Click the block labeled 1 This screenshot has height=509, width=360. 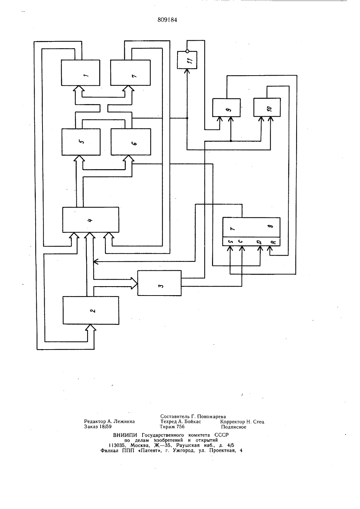tap(80, 73)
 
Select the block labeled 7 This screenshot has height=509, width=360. tap(130, 73)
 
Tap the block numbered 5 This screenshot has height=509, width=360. tap(81, 142)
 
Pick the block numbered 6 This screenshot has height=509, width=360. tap(131, 142)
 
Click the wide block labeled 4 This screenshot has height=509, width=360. tap(91, 220)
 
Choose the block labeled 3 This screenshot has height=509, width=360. tap(159, 283)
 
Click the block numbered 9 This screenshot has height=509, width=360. tap(226, 108)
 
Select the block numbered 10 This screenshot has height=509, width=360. tap(267, 108)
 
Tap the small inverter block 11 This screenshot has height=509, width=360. tap(187, 60)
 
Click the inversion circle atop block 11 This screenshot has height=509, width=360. tap(187, 51)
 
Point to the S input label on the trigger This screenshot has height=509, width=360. tap(230, 242)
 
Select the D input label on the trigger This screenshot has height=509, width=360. tap(260, 242)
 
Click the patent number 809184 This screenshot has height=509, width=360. tap(167, 20)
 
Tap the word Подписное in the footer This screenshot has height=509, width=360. tap(233, 427)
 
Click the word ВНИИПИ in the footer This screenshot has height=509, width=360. tap(125, 435)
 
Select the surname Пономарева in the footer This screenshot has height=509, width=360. tap(212, 416)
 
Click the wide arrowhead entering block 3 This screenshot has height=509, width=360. tap(134, 283)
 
